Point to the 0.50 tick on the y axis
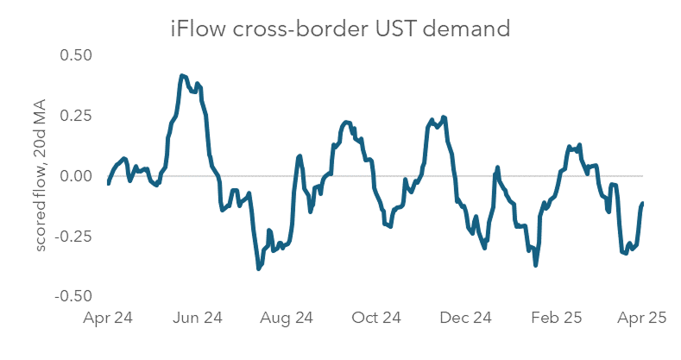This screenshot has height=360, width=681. point(75,54)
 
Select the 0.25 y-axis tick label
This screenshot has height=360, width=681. point(75,116)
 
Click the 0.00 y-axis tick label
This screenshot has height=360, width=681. point(75,176)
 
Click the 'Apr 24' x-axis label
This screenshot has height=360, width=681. point(108,319)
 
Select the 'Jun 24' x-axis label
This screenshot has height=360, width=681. point(198,319)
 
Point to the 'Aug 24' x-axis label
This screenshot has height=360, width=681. point(287,319)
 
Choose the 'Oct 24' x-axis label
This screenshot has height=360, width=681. point(376,319)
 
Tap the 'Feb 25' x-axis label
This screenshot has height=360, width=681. point(556,319)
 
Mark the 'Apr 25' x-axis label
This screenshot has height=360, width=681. point(642,319)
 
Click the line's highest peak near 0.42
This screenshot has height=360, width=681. point(181,76)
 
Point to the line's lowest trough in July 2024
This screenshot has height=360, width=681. point(258,268)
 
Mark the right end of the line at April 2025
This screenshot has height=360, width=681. point(643,204)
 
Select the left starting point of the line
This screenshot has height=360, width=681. point(109,183)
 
